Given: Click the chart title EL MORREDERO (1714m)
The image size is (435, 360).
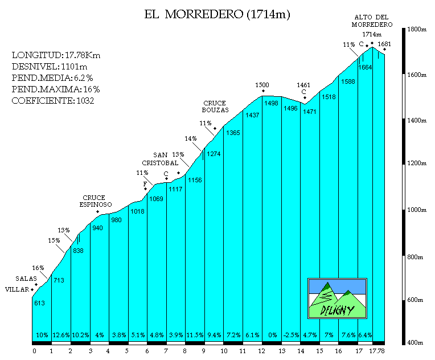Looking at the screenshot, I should click(x=217, y=15).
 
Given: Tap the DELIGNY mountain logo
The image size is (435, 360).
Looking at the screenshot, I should click(x=337, y=298).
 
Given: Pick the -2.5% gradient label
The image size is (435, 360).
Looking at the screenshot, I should click(x=290, y=335).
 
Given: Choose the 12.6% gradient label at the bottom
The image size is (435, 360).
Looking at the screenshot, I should click(x=61, y=335).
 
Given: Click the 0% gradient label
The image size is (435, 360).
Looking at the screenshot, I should click(x=272, y=335).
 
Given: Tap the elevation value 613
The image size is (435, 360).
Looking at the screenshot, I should click(x=39, y=303).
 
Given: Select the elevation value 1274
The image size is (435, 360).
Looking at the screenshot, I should click(x=214, y=154).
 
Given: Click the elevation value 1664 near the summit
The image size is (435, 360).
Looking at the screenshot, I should click(x=365, y=67).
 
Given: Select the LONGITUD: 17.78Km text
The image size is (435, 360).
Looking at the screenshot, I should click(x=56, y=55).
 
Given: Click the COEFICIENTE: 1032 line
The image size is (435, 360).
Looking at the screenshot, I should click(x=52, y=101).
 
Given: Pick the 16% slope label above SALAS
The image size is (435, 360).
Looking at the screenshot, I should click(x=38, y=268).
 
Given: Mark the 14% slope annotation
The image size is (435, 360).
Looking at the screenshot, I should click(x=191, y=138).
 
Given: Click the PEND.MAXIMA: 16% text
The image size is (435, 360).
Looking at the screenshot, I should click(x=56, y=89).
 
